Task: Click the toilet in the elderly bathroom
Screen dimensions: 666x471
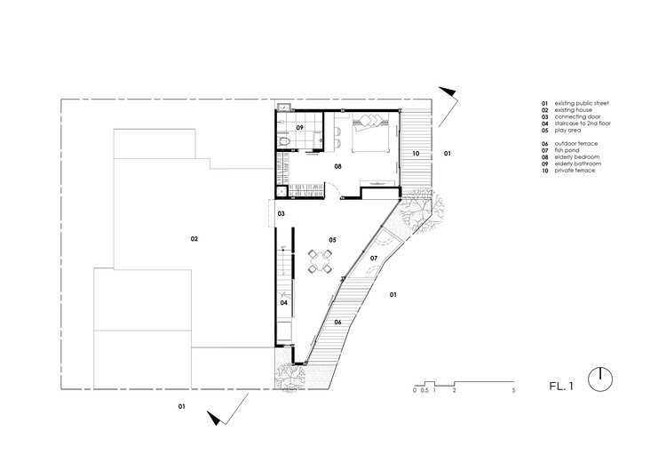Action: pos(284,142)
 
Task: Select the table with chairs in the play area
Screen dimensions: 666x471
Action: pos(320,261)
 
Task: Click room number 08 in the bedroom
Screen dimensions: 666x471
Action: pos(337,167)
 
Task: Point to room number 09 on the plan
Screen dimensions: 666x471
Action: pos(300,128)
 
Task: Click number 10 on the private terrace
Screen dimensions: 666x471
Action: pos(416,154)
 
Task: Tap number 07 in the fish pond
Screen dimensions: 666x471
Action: pos(374,258)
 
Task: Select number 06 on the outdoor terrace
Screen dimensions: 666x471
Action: pos(337,323)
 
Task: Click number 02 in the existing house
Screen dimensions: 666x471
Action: pos(194,239)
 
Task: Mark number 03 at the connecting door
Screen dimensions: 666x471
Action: pos(281,214)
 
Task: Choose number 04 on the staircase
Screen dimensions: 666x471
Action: pos(284,303)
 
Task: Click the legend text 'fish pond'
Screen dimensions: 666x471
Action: pos(567,150)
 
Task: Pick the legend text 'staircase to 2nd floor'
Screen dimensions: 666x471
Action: pos(583,124)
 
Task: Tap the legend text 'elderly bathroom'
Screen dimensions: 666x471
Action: pos(578,164)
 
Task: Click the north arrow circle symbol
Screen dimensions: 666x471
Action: pos(600,379)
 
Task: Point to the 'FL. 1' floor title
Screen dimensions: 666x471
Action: pos(561,386)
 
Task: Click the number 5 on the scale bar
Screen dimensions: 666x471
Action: pos(513,390)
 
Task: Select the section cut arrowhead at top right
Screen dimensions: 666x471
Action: pos(448,91)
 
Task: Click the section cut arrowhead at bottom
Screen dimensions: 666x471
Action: pos(215,418)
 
